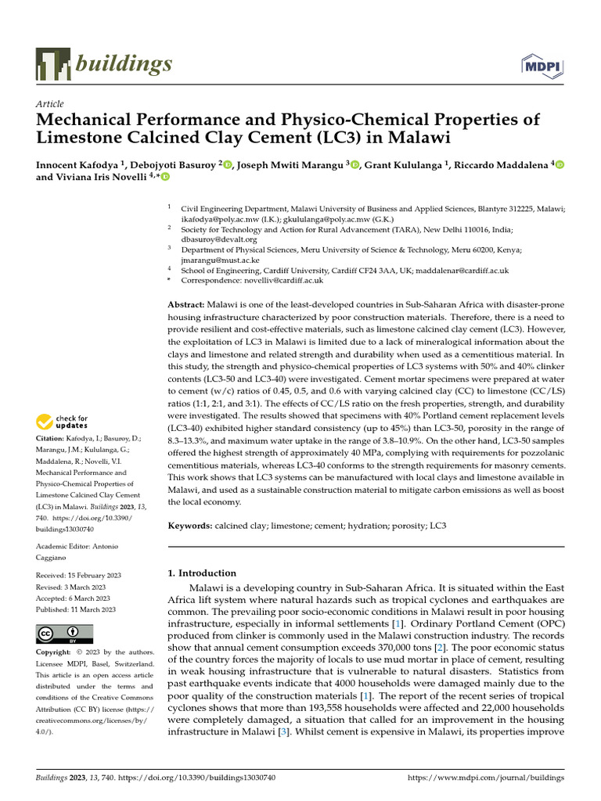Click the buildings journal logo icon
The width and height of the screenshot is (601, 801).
[52, 63]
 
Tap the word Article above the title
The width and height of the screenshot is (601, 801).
[50, 104]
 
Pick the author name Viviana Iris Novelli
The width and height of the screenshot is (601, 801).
[103, 178]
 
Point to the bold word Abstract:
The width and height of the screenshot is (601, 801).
[186, 304]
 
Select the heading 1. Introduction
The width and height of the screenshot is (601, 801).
[202, 573]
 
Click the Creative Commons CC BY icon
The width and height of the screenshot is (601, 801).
[64, 633]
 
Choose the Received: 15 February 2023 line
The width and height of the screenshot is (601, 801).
[76, 575]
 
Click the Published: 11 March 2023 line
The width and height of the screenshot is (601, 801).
[76, 609]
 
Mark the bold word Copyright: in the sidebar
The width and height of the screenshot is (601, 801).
[56, 652]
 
